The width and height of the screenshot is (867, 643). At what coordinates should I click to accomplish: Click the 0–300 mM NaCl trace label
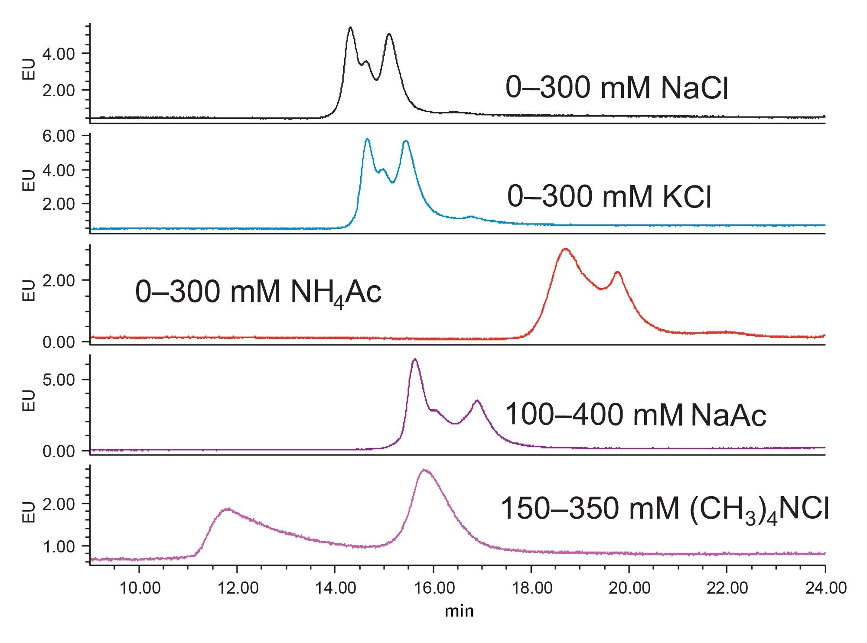click(616, 88)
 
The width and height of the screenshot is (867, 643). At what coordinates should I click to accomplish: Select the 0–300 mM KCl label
click(609, 197)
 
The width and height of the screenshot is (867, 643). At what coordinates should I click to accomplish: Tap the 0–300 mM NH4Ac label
click(258, 292)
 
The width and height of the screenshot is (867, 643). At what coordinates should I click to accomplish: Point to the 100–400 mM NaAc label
click(636, 415)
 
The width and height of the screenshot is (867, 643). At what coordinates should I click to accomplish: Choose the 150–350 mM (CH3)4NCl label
click(665, 509)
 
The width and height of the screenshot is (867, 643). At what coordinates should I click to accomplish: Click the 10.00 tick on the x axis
click(139, 588)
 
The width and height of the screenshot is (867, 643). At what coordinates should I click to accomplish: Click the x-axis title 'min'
click(460, 611)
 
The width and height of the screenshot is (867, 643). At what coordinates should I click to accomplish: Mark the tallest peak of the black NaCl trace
click(350, 28)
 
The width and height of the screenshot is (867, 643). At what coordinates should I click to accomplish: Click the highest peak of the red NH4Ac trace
click(565, 249)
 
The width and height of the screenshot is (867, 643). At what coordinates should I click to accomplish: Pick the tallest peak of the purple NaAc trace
click(415, 360)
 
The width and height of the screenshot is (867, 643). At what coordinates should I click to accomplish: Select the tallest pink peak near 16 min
click(424, 470)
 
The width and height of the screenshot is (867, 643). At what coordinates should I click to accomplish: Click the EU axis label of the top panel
click(28, 72)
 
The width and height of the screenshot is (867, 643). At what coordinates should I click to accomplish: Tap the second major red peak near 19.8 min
click(617, 272)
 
